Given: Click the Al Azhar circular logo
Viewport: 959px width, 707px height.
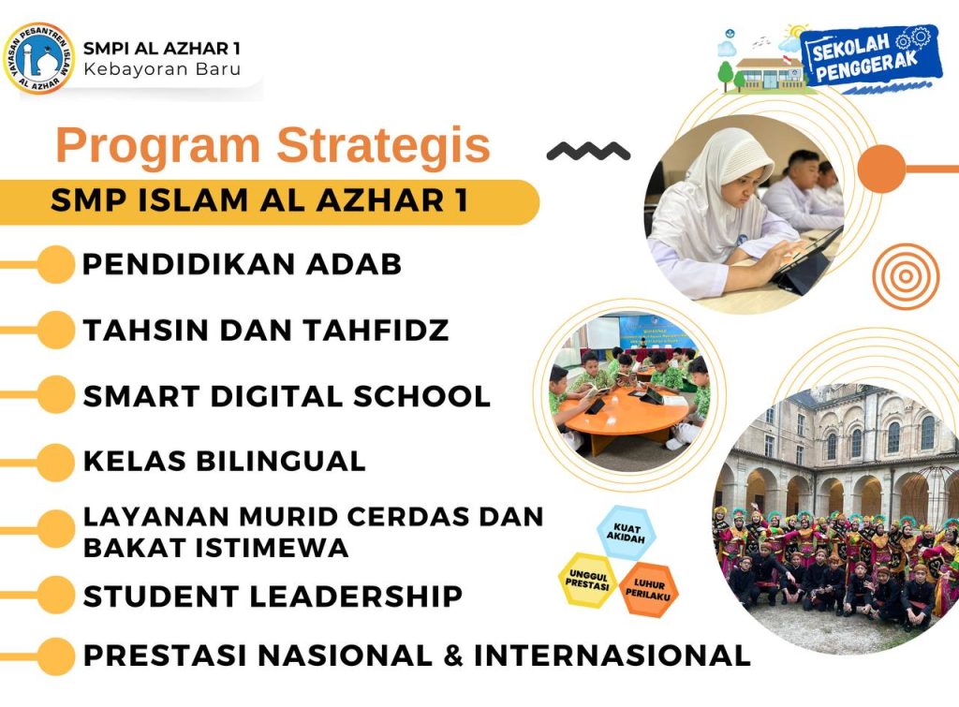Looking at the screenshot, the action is coord(39,58).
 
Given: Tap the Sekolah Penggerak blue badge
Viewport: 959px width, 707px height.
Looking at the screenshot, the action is coord(867,56).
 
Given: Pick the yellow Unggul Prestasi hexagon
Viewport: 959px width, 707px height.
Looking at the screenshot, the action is coord(587,579).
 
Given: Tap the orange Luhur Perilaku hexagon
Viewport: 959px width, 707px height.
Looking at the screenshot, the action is coord(648,590).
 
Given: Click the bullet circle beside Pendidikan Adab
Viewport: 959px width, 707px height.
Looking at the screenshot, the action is coord(55,264).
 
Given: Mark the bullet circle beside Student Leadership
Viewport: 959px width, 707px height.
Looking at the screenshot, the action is coord(55,595).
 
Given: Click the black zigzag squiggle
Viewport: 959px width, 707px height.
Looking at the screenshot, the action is coord(588,151).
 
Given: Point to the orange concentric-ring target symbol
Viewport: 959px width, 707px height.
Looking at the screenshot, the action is coord(906,276).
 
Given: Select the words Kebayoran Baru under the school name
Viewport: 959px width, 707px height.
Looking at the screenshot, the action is coord(162,68).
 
